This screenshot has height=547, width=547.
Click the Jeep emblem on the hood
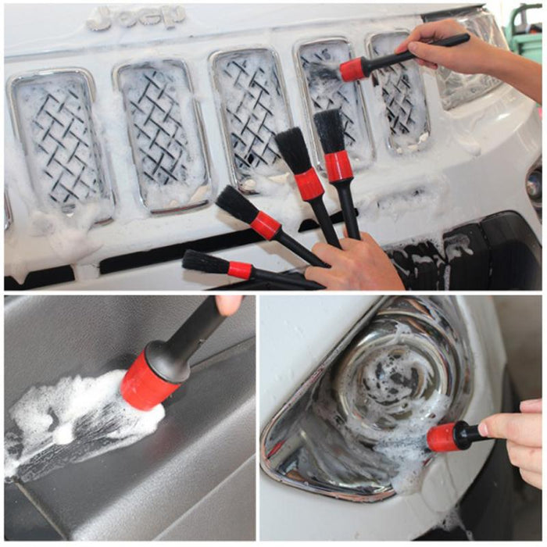136,17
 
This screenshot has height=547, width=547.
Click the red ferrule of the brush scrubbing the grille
352,70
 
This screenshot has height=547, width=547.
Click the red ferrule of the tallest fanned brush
338,166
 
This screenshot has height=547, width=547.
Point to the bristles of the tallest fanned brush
329,130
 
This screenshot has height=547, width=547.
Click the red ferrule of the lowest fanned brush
240,270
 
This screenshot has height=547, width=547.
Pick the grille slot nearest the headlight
399,90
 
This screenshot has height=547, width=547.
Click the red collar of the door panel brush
149,381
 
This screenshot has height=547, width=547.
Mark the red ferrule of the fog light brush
442,438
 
